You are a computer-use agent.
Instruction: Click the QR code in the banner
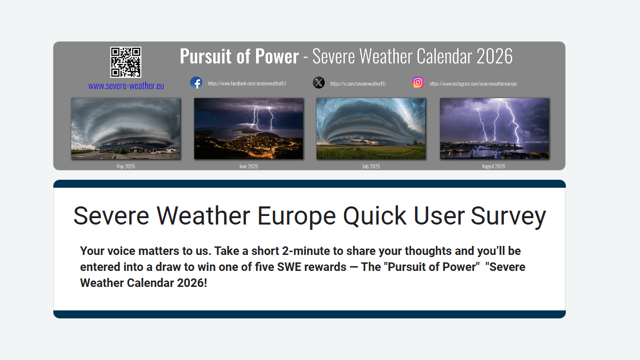click(x=126, y=62)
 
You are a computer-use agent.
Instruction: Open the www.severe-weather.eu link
click(x=126, y=86)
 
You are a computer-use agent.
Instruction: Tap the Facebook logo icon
click(x=196, y=83)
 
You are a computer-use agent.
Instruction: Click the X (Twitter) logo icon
click(x=318, y=83)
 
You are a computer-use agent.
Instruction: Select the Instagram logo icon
click(x=418, y=83)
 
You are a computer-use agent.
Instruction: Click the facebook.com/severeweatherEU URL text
click(x=247, y=84)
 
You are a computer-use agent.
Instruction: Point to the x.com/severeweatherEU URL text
click(x=357, y=84)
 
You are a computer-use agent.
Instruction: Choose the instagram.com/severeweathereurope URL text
click(x=473, y=84)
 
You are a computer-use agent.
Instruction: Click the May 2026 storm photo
click(x=126, y=129)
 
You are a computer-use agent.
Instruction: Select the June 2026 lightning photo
click(x=249, y=129)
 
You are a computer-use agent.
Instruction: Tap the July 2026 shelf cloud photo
click(x=371, y=129)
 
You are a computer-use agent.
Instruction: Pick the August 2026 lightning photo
click(x=494, y=129)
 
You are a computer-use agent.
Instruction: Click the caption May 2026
click(x=126, y=166)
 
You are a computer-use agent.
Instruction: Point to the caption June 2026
click(x=249, y=166)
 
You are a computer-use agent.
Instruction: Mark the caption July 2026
click(x=371, y=166)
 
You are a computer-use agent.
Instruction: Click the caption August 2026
click(x=493, y=166)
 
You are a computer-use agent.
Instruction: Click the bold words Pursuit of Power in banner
click(x=239, y=56)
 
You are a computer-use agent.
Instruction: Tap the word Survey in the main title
click(x=508, y=216)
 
